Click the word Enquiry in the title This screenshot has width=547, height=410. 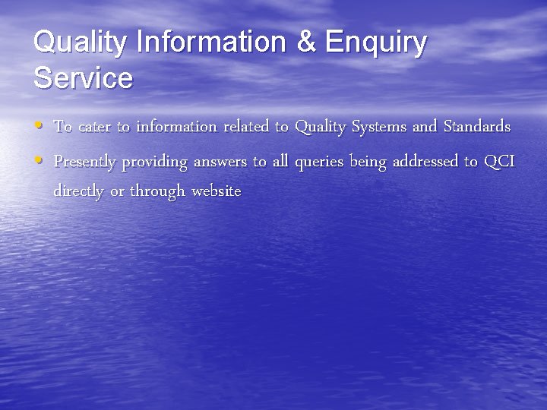pyautogui.click(x=375, y=43)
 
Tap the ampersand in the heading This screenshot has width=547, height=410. pyautogui.click(x=306, y=43)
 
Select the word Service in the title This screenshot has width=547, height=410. pyautogui.click(x=83, y=77)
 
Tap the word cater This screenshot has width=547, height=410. pyautogui.click(x=94, y=126)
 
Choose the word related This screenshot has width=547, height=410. pyautogui.click(x=247, y=126)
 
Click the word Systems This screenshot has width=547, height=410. pyautogui.click(x=378, y=127)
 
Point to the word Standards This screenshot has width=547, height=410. pyautogui.click(x=476, y=126)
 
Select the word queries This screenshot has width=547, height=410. pyautogui.click(x=319, y=162)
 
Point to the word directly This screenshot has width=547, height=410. pyautogui.click(x=79, y=191)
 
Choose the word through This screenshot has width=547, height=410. pyautogui.click(x=158, y=192)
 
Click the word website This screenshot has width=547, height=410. pyautogui.click(x=217, y=191)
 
